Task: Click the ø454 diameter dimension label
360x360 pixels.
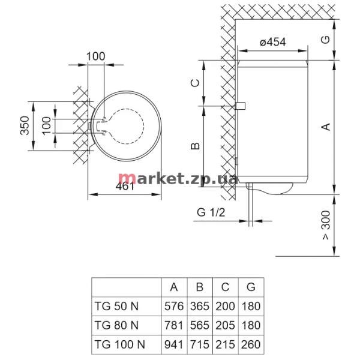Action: point(273,42)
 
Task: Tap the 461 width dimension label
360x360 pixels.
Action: point(125,186)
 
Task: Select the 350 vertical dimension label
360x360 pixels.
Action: point(25,125)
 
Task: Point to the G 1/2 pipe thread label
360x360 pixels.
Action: point(211,212)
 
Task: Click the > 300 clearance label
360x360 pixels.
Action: point(326,225)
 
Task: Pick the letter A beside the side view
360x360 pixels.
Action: point(326,127)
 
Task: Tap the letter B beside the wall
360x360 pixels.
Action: point(196,146)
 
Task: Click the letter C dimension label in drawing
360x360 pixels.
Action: point(196,83)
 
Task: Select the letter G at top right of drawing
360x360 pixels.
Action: point(326,40)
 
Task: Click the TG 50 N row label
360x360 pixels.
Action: point(116,306)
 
